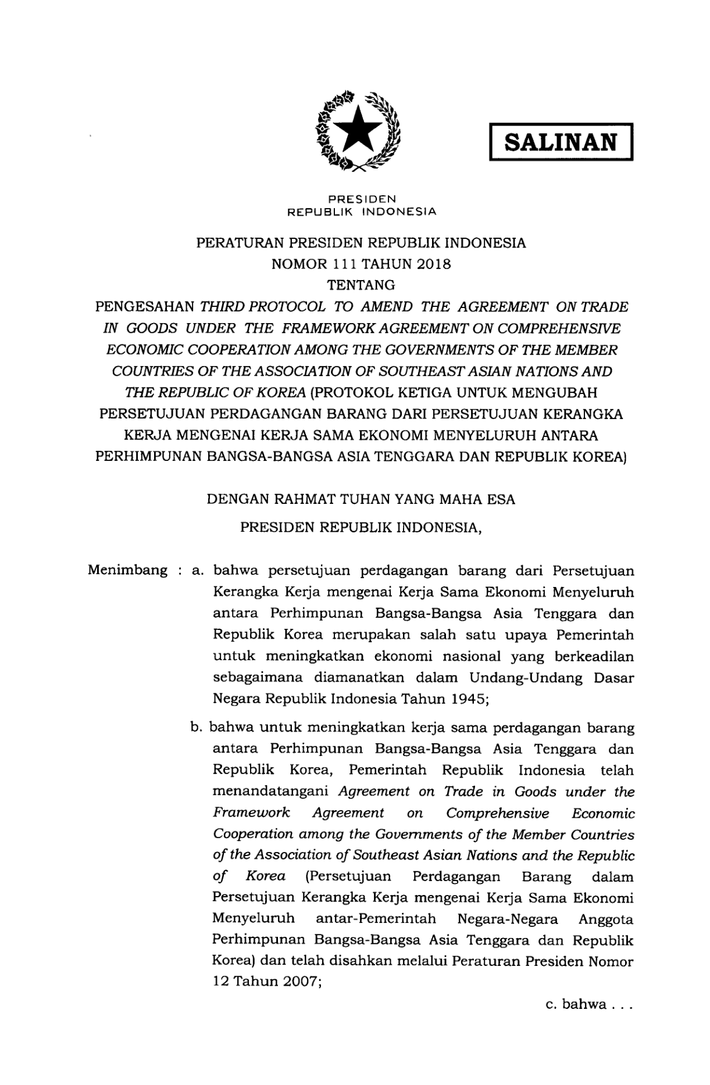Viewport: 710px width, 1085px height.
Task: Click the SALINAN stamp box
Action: click(561, 141)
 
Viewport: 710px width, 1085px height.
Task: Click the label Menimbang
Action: click(127, 570)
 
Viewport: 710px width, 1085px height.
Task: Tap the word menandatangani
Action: click(271, 792)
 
